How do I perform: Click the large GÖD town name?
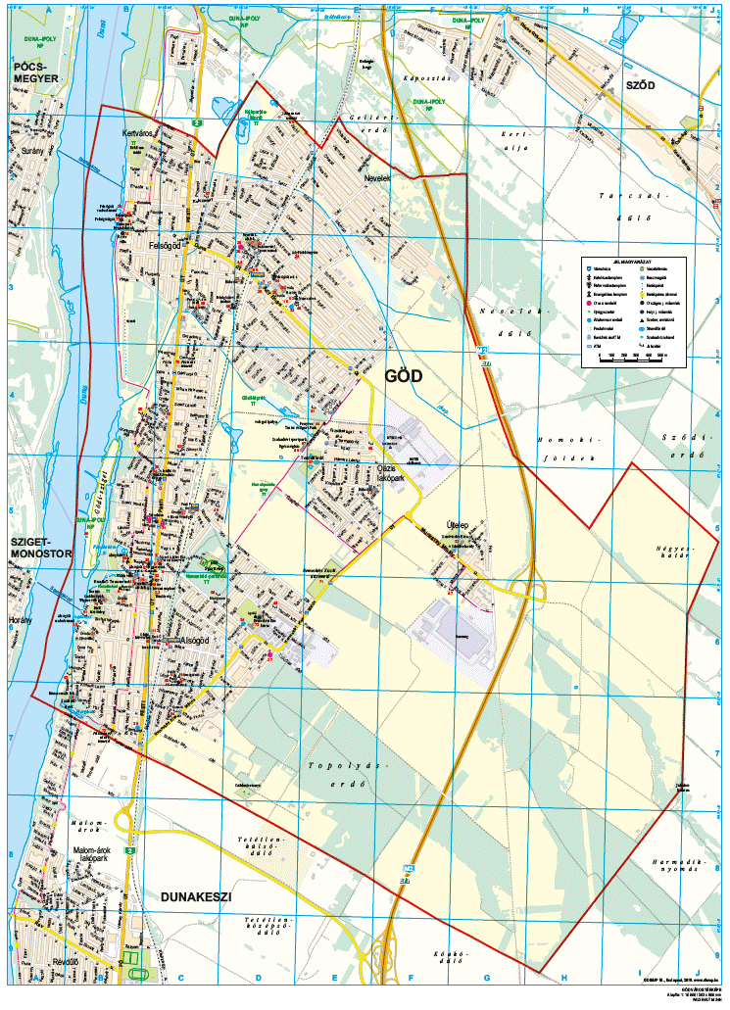click(403, 375)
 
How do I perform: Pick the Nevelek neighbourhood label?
click(376, 179)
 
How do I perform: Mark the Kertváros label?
click(133, 131)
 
